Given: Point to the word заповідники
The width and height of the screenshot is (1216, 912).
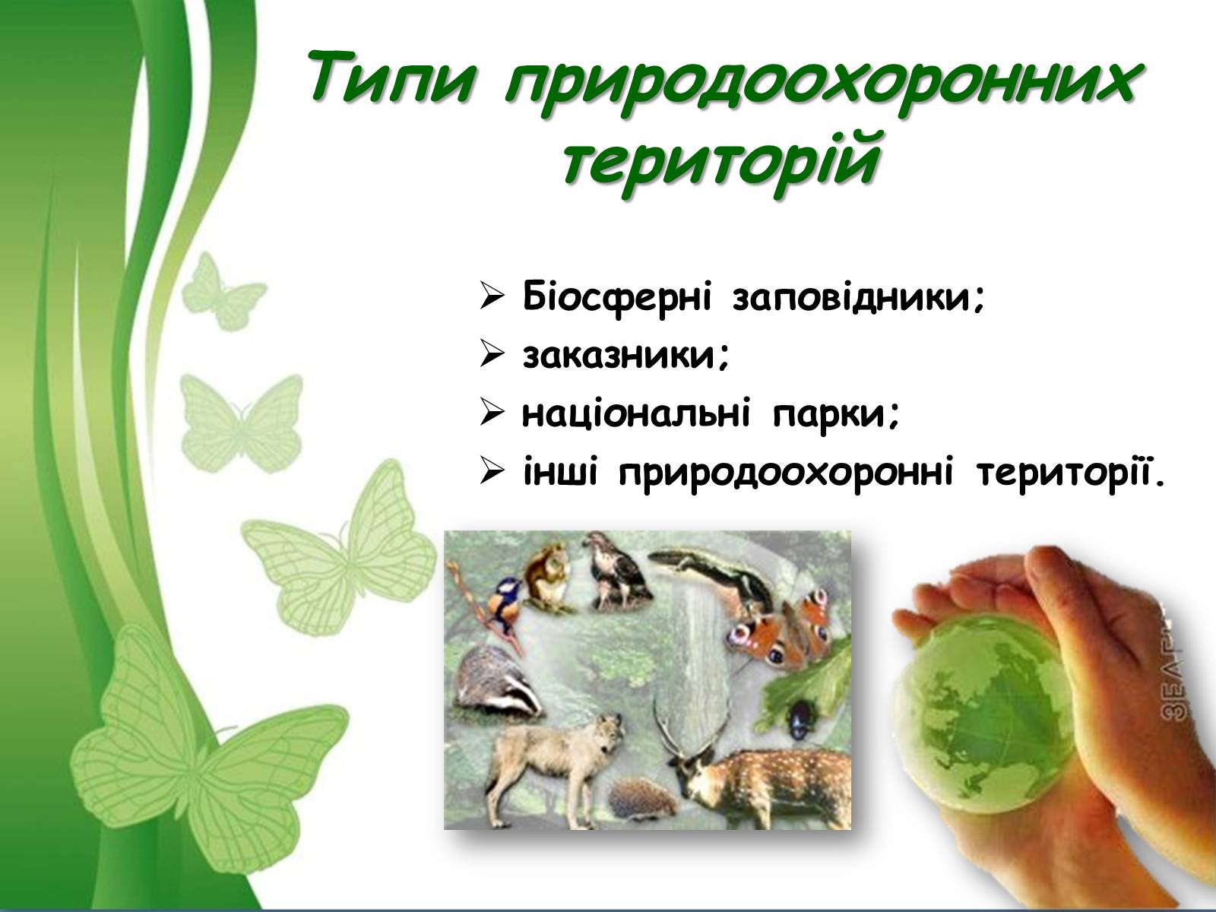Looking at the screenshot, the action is tap(859, 299).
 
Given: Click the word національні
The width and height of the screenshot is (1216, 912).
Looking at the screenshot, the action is tap(636, 414).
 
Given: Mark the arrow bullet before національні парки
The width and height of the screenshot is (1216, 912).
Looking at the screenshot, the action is tap(492, 413).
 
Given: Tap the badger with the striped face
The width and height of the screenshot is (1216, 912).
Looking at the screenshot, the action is tap(498, 685).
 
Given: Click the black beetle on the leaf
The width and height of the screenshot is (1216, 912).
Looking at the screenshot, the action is tap(799, 719).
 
